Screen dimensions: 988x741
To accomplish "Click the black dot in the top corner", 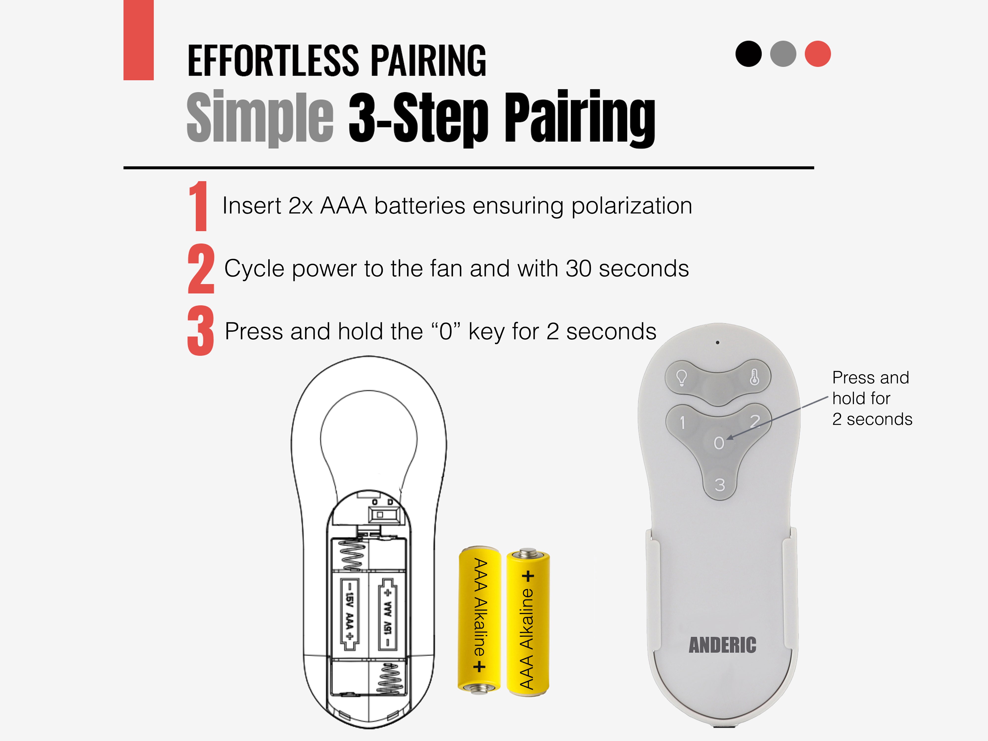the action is coord(748,54).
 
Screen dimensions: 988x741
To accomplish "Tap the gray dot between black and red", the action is coord(783,54).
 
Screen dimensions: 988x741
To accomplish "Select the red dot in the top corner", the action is coord(818,54).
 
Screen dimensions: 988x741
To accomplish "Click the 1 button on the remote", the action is coord(682,422).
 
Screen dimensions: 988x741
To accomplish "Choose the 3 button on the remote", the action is coord(720,485).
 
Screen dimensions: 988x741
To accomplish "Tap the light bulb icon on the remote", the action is coord(681,378).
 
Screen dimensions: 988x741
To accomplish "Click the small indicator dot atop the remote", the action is coord(717,343).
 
